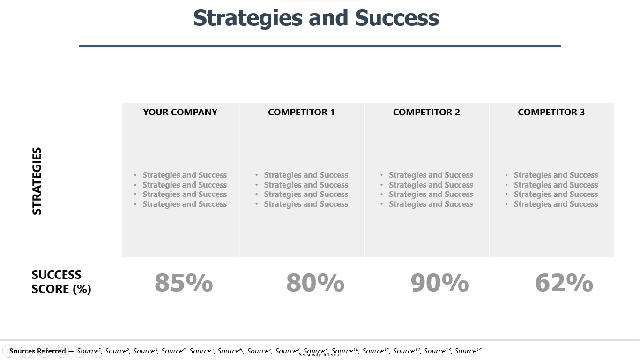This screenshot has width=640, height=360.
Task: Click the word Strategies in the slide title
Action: (x=248, y=18)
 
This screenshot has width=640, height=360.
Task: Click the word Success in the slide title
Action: (x=396, y=18)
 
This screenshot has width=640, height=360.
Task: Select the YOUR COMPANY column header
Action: (x=180, y=112)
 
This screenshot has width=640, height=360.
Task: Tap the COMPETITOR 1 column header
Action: (x=301, y=112)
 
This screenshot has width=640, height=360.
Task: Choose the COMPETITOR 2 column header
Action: (x=426, y=112)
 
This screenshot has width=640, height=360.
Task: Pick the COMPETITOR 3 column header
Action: (x=551, y=112)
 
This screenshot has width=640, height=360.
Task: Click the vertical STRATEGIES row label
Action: (x=37, y=181)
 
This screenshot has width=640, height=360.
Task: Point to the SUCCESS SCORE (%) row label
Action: (x=61, y=282)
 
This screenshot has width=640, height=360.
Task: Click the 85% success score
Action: (x=184, y=283)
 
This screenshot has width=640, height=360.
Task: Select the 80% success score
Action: (x=315, y=283)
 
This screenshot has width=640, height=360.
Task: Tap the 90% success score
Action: (x=439, y=283)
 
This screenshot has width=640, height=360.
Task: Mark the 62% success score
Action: (x=564, y=283)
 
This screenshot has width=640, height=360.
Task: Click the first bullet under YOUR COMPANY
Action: (x=185, y=175)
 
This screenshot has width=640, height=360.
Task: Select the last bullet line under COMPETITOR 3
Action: (x=556, y=204)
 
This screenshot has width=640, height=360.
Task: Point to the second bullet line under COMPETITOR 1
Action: (x=306, y=185)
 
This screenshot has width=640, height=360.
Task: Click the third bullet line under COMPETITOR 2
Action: (x=431, y=194)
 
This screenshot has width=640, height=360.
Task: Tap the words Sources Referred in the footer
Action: (x=37, y=351)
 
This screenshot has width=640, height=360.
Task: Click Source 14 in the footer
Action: (x=468, y=351)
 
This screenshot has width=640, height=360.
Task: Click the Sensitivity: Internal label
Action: (x=320, y=355)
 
